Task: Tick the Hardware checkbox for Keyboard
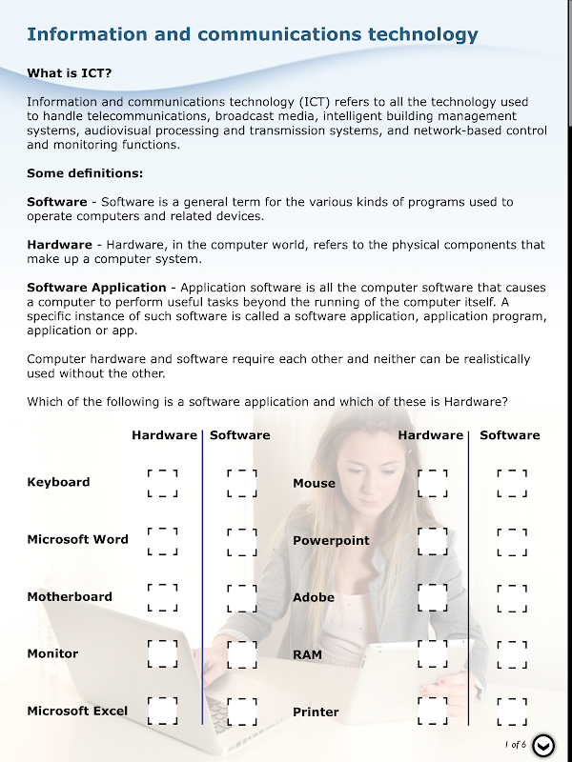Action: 163,483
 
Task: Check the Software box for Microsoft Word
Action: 242,541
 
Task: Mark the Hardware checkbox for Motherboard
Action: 163,597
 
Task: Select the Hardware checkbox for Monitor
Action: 163,654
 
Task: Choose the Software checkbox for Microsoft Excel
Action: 242,712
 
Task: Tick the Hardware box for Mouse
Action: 433,483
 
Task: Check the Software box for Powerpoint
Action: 512,541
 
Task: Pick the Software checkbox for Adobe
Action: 512,597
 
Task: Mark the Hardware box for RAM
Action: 433,654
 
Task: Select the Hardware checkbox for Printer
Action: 433,712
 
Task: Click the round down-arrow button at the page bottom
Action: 543,746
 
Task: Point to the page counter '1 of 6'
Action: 515,745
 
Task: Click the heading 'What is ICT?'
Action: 75,73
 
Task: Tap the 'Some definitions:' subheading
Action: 85,173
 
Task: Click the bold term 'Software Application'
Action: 96,288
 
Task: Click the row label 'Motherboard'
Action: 70,597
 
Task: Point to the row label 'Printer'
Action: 316,712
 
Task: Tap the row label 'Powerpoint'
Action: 331,541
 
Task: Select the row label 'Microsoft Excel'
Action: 77,712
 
